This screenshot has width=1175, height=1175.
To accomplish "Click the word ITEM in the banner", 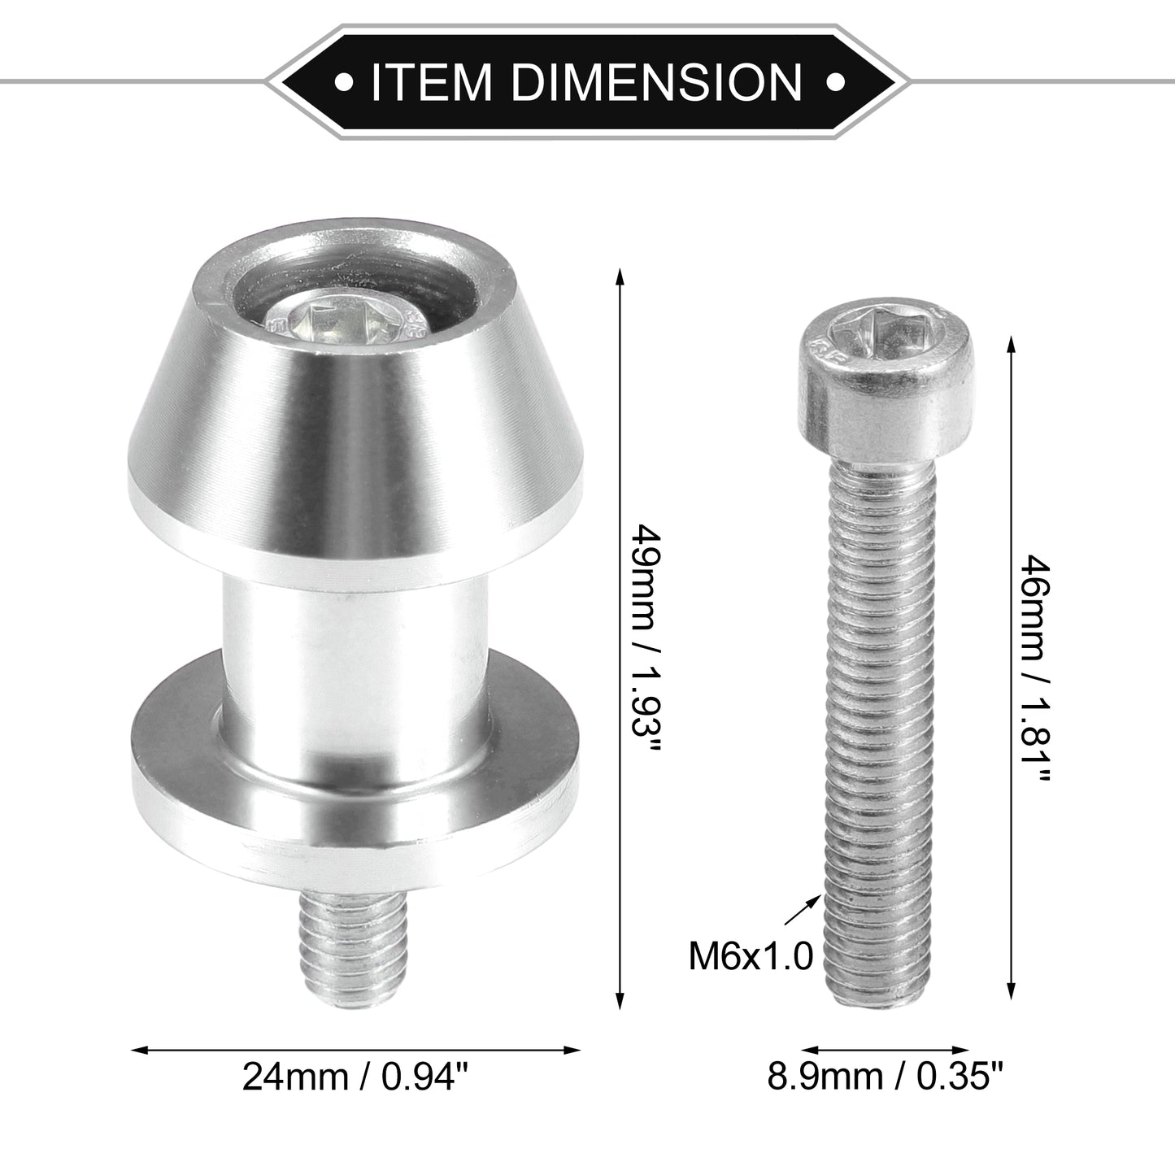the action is click(x=430, y=81).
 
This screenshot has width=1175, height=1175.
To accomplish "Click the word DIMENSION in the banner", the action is click(x=657, y=81).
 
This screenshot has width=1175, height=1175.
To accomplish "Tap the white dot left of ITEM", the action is click(x=345, y=81).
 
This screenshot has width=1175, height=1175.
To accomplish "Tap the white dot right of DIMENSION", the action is click(x=834, y=81).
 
